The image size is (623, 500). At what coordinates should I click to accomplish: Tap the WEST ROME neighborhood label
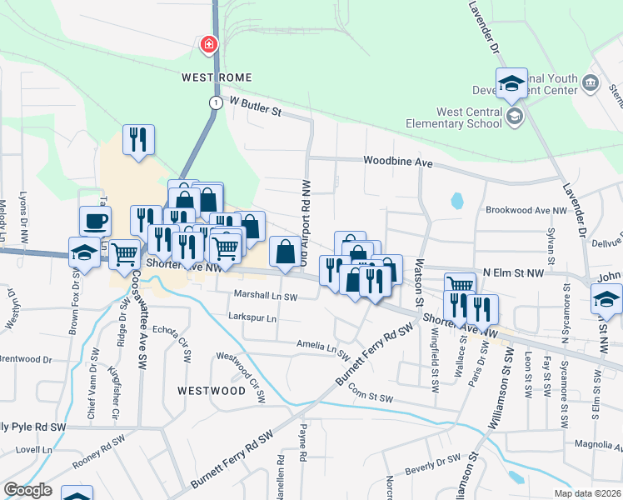tap(211, 77)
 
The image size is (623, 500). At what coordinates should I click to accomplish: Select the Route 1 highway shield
tap(216, 102)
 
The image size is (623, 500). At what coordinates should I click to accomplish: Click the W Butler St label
tap(256, 107)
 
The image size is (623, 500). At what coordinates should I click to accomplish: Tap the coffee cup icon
tap(95, 221)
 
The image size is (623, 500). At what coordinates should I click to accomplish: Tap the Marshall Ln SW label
tap(265, 296)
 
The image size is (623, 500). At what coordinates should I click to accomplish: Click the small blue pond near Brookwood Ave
tap(456, 201)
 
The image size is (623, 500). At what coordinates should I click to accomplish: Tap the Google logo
tap(27, 491)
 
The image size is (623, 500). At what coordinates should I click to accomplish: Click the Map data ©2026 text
tap(587, 493)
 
